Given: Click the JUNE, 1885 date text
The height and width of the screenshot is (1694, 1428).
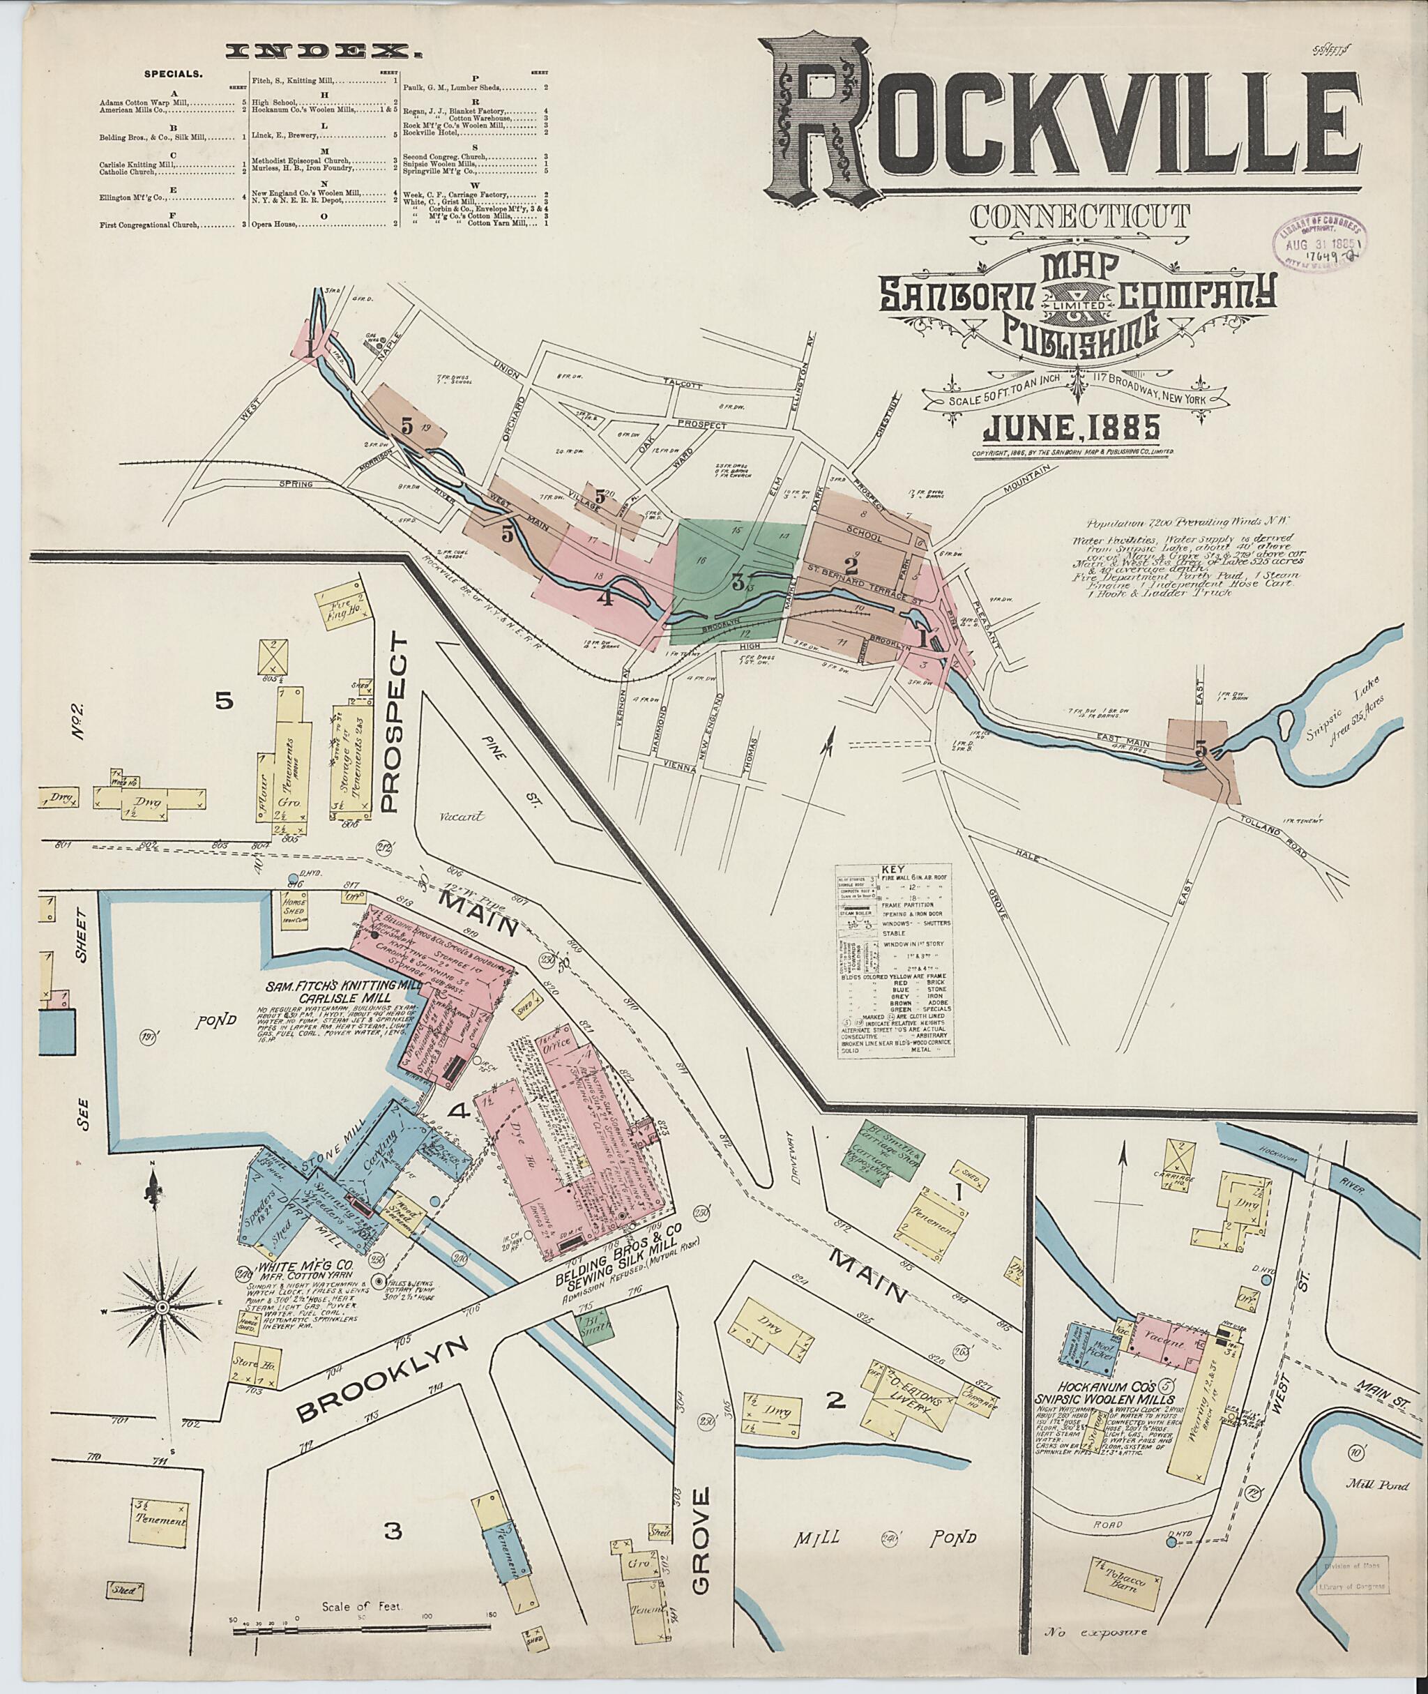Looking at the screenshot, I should (x=1072, y=427).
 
